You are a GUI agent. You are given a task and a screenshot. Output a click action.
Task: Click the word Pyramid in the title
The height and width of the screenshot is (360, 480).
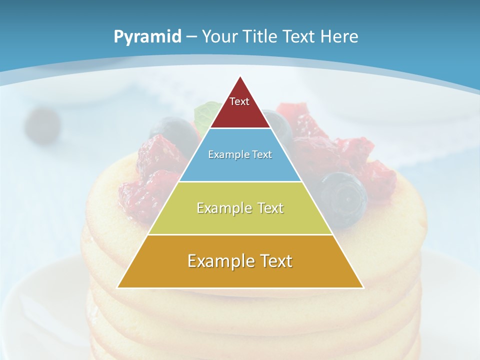pos(147,36)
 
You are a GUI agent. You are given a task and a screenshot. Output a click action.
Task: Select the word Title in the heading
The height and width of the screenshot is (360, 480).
pos(261,36)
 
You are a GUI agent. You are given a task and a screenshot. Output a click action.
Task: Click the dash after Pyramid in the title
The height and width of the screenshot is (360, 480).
pos(191,37)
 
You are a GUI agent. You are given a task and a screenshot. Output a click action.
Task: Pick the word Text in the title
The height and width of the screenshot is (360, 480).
pos(300,36)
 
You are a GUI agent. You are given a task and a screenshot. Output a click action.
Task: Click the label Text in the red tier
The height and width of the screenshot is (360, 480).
pos(239,101)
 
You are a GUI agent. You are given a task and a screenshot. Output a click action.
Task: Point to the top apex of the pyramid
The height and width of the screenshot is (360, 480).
pos(240,77)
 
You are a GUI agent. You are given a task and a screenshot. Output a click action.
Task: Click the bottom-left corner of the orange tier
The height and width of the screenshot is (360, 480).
pos(118,287)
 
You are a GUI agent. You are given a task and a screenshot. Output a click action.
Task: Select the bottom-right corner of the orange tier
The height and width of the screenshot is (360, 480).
pos(362,287)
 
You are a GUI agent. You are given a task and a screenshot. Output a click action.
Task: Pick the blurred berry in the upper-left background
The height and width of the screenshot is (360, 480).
pos(42,125)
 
